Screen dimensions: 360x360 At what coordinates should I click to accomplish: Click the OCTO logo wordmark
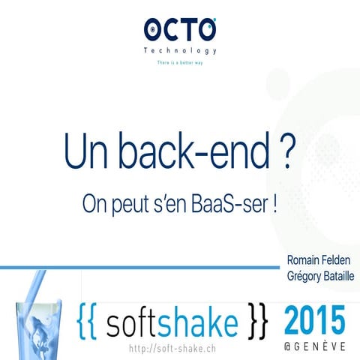pos(180,30)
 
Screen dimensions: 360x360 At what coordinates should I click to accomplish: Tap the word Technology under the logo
pos(180,51)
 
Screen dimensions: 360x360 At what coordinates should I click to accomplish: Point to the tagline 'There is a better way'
pos(180,63)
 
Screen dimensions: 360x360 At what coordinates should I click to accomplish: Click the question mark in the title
pos(280,151)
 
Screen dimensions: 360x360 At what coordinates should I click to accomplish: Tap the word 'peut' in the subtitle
pos(130,205)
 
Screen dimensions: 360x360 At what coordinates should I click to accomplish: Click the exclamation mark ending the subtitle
pos(276,204)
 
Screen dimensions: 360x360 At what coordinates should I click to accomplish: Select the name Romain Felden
pos(319,259)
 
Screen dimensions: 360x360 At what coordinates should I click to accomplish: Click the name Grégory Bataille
pos(319,276)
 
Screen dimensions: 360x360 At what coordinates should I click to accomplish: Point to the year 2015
pos(315,321)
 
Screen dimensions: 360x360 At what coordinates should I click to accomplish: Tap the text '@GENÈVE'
pos(315,347)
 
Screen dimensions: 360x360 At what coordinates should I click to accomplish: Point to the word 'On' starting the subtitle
pos(93,204)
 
